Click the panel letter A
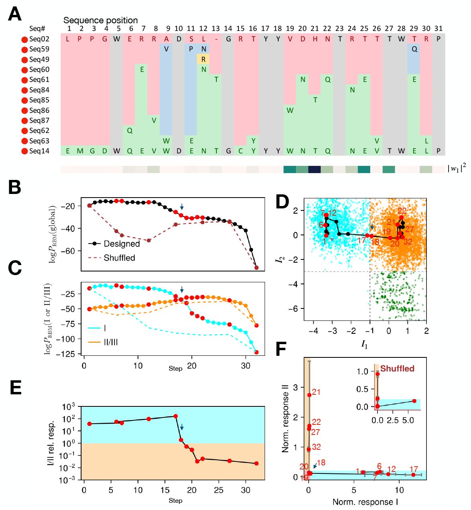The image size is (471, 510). coord(15,14)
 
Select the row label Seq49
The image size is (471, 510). coord(39,59)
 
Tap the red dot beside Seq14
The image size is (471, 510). coord(24,151)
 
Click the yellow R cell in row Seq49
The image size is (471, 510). coord(204,59)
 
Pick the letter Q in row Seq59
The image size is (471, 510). coord(414,49)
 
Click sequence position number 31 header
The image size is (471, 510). coord(438,29)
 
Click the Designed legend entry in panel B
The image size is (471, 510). coord(121,244)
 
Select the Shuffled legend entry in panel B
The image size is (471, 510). coord(119,258)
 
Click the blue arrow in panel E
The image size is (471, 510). coord(181,427)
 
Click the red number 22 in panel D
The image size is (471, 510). coord(402,211)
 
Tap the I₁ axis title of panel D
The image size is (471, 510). coord(365,345)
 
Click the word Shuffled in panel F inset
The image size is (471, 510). coord(397,369)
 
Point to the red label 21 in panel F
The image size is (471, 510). coord(316,392)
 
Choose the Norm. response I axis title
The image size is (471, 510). coord(365,502)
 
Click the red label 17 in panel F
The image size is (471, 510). coord(414,469)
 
